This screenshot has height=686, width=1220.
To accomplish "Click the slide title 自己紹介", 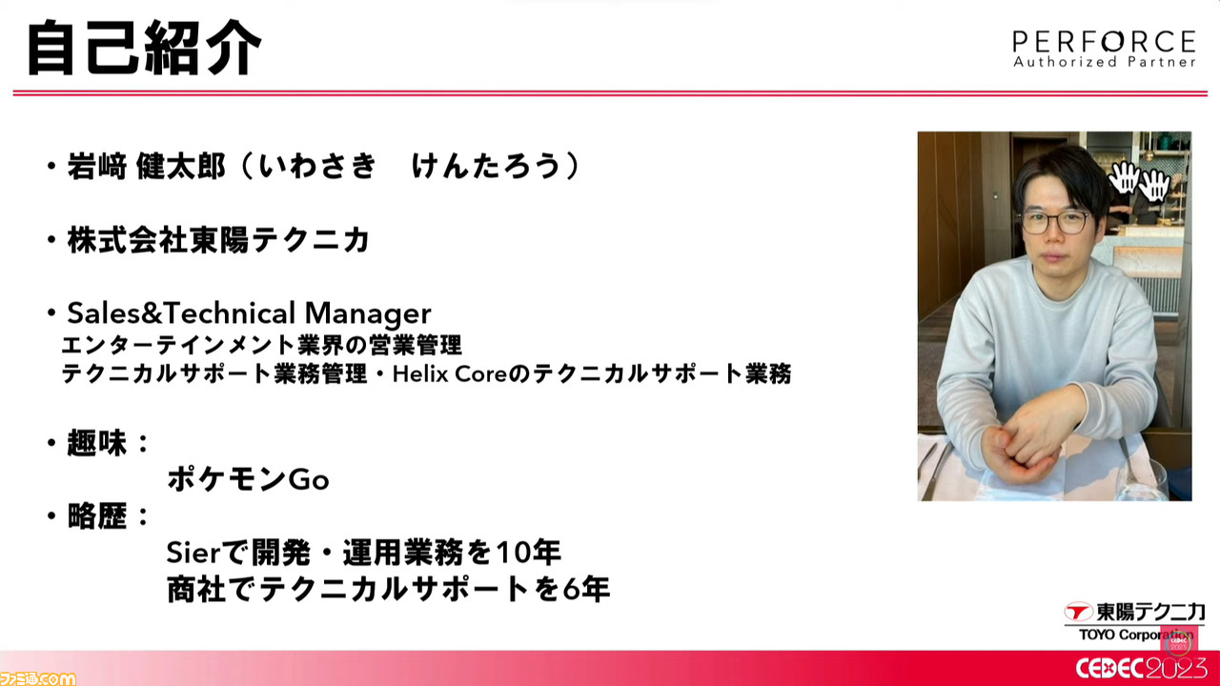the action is (145, 48).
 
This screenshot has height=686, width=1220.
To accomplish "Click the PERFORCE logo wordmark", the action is (1104, 42).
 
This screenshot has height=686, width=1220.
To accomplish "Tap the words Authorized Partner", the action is (1104, 62).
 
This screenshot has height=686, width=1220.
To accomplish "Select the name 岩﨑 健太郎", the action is (146, 166).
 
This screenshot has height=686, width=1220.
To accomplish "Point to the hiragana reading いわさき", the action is (317, 166).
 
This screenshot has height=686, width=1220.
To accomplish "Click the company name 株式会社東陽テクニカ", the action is (218, 240).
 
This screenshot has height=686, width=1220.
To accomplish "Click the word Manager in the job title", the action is (368, 313).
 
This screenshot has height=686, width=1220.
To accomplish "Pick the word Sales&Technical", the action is (181, 313).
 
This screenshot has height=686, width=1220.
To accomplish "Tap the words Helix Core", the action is (449, 374).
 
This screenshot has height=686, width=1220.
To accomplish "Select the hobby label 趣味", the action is (97, 443).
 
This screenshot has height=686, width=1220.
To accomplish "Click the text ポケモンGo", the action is (249, 479).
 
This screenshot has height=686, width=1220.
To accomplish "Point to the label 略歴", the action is (97, 515).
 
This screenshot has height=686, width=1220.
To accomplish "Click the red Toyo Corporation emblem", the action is (1079, 612).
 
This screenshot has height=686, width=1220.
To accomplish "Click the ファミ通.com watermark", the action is (37, 678).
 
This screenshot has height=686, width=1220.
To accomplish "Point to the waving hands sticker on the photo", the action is (1138, 181).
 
